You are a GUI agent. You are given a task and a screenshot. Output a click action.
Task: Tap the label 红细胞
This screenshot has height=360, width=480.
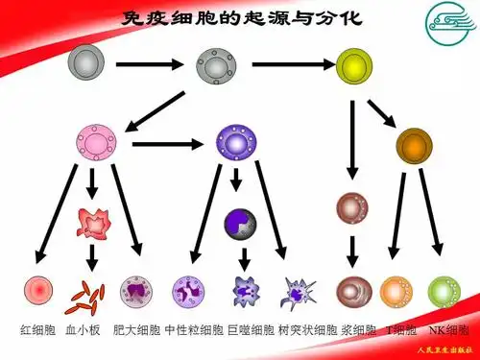coord(37,330)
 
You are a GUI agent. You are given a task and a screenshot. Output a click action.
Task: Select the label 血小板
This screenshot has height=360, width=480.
coord(84,330)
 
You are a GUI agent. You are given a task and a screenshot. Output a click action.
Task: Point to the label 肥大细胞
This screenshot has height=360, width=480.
coord(137,330)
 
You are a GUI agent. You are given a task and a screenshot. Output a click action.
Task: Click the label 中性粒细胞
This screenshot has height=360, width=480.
coord(195,330)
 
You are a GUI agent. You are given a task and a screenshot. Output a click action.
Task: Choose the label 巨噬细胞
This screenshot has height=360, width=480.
coord(252,330)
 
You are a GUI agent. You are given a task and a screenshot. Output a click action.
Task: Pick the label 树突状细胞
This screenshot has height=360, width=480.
coord(307,330)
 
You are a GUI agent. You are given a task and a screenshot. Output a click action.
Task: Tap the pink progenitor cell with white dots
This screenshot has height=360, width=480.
coord(94,144)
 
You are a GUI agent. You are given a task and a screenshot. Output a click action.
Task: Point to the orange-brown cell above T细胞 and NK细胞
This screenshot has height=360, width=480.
coord(413,145)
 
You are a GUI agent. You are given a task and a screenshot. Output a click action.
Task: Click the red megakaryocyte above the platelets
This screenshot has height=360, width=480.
coord(93,223)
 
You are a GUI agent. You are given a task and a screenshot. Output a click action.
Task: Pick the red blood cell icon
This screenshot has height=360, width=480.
coord(38,290)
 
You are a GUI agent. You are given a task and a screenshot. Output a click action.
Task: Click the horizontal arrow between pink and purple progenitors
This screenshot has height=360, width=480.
coord(169,145)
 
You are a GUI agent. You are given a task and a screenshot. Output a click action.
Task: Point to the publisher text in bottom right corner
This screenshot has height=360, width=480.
coord(442,351)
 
